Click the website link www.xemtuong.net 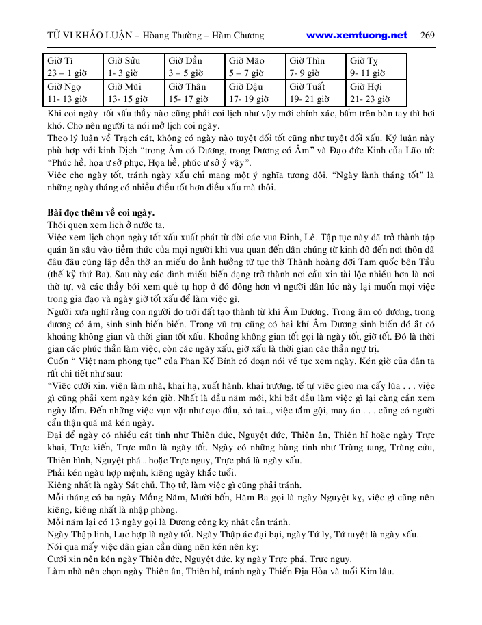click(x=356, y=36)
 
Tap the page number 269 click(x=427, y=36)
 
